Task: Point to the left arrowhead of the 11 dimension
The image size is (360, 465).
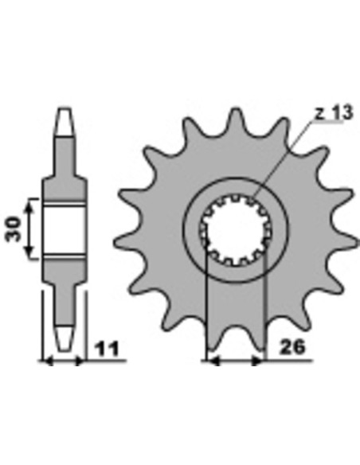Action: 47,361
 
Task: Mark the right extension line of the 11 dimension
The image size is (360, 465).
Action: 82,334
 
